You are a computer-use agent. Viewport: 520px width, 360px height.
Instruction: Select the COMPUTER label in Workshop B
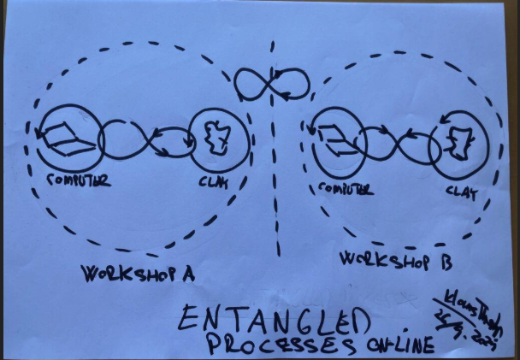346,188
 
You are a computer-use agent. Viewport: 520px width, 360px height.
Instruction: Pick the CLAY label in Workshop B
461,192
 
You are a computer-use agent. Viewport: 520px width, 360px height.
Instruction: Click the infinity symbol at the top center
272,85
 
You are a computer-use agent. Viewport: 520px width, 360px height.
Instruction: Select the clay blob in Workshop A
219,138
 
